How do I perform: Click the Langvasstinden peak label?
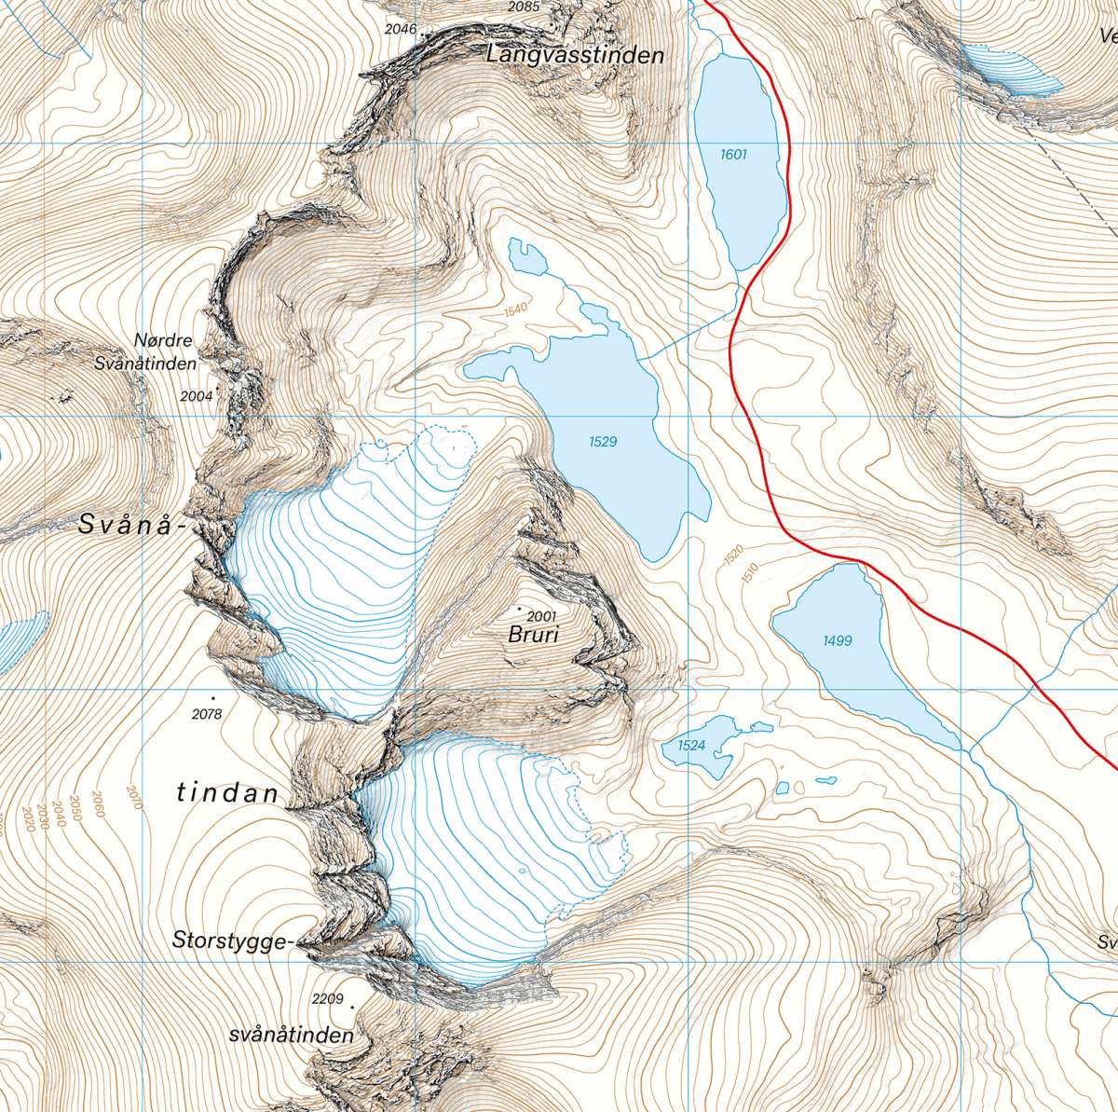point(575,56)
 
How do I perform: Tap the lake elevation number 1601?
point(733,154)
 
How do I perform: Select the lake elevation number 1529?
point(603,442)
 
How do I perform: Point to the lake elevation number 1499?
point(837,640)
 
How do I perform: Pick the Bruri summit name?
point(533,636)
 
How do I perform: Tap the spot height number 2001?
point(541,616)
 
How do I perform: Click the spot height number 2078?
point(207,714)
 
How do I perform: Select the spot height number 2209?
point(328,998)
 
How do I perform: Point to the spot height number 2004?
point(197,396)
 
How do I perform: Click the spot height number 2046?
point(401,29)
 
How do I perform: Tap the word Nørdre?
point(164,340)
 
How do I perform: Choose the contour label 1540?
point(515,310)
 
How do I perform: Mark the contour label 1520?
point(733,556)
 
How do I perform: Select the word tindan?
point(227,793)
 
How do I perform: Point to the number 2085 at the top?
point(524,7)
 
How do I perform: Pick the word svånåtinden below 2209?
point(291,1036)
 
